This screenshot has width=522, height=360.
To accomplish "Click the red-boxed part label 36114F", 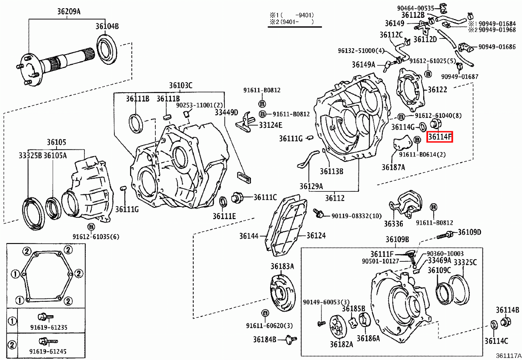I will click(440, 137).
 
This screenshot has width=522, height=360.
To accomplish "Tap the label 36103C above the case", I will click(181, 86).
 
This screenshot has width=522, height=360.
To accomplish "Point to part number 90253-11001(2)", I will click(199, 105).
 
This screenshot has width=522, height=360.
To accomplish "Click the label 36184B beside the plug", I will click(266, 339).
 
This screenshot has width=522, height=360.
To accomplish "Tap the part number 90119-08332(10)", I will click(356, 216).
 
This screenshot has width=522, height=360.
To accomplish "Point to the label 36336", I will click(393, 224).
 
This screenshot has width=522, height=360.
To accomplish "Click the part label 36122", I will click(438, 90).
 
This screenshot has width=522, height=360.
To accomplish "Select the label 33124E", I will click(271, 125).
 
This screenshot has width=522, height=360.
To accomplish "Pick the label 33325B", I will click(30, 155).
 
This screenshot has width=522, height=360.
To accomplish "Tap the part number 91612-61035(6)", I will click(96, 237).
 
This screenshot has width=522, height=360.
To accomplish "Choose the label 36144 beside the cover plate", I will click(249, 236).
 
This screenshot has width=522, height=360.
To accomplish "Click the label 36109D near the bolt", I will click(469, 232).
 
